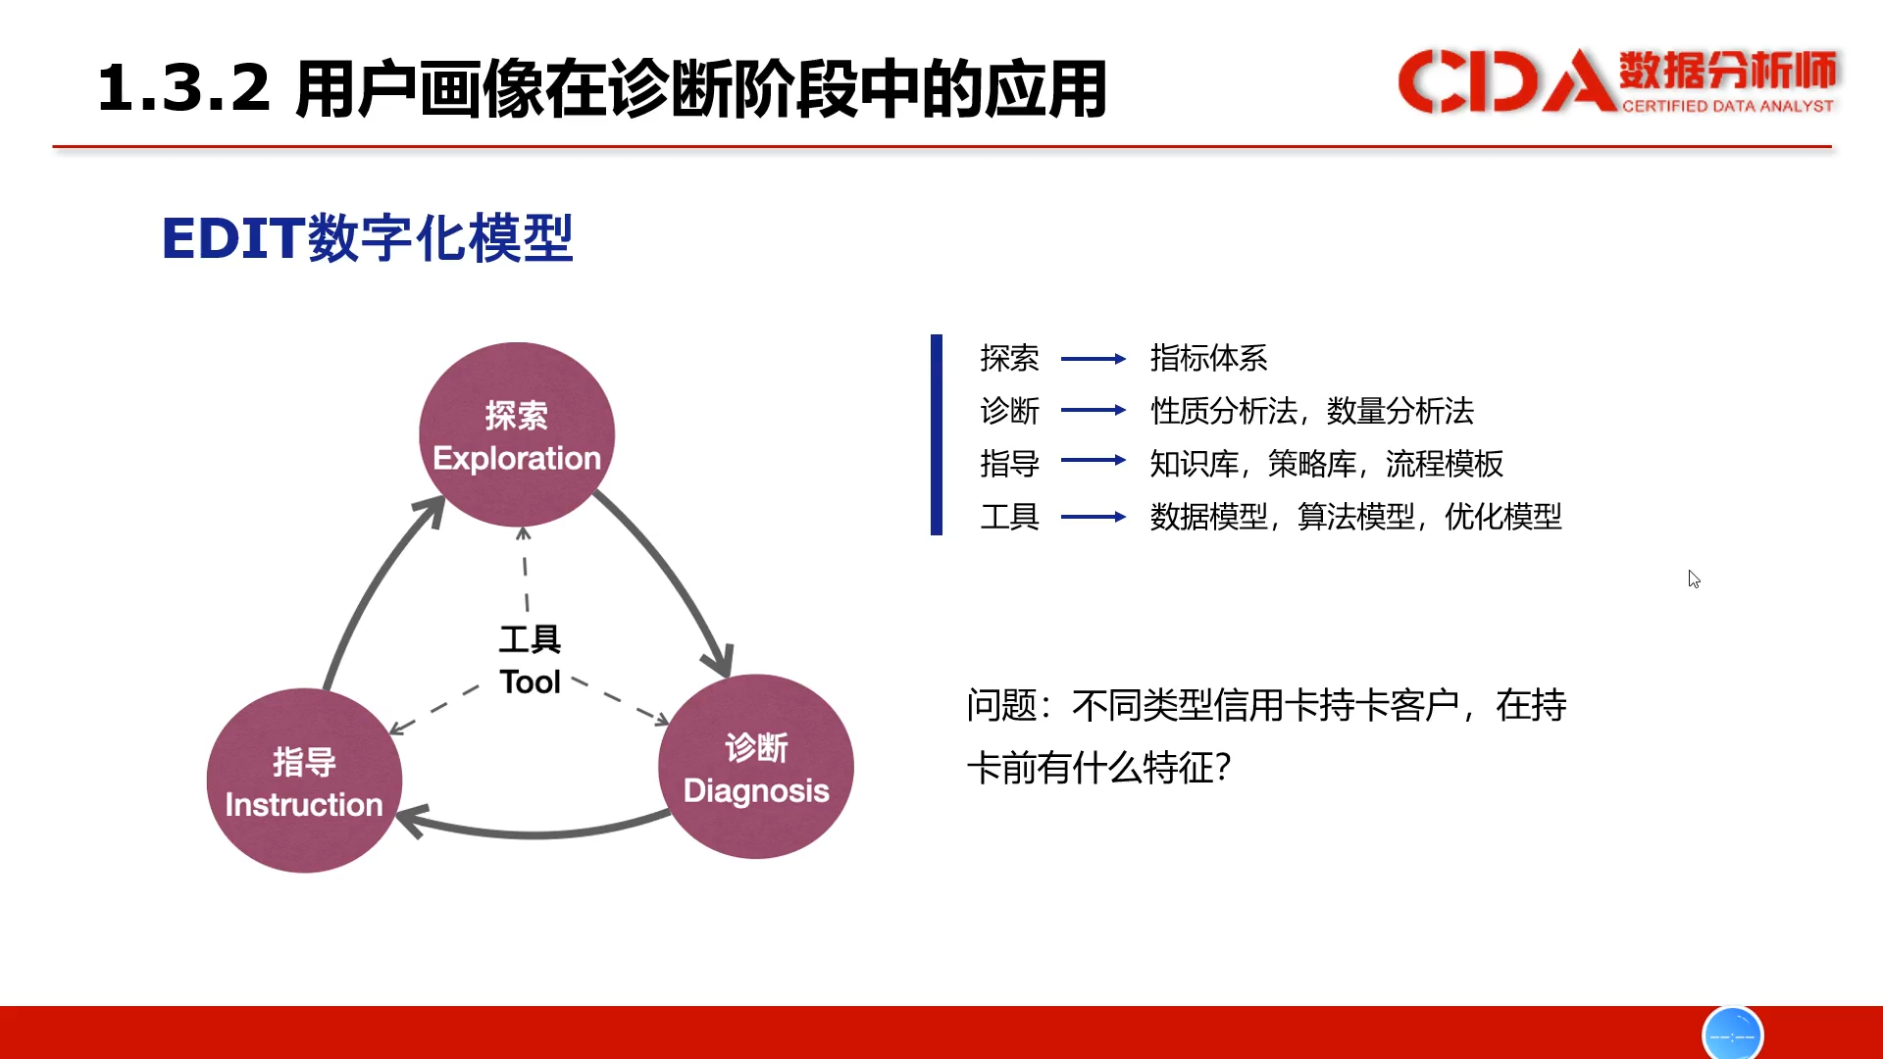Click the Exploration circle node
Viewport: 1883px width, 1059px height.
(x=517, y=434)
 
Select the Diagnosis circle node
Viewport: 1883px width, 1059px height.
(x=756, y=767)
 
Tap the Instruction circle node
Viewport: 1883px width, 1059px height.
(x=304, y=781)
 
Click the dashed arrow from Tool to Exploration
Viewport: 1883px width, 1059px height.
(x=525, y=570)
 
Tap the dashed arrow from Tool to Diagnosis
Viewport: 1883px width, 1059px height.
(x=621, y=700)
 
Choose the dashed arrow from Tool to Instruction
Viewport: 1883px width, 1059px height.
(x=433, y=709)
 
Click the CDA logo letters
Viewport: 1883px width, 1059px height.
(x=1506, y=80)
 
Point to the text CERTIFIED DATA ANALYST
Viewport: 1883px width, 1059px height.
(x=1728, y=106)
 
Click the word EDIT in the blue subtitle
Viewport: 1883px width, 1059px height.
(x=232, y=238)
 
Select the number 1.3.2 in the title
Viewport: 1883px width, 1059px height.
(x=183, y=87)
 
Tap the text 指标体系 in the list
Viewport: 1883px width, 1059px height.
(x=1208, y=358)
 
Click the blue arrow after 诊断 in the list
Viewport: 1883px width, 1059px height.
(x=1094, y=410)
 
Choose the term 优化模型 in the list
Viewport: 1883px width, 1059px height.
(x=1502, y=517)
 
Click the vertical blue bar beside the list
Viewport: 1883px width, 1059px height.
(x=937, y=434)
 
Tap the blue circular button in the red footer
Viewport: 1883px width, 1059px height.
(x=1733, y=1034)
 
